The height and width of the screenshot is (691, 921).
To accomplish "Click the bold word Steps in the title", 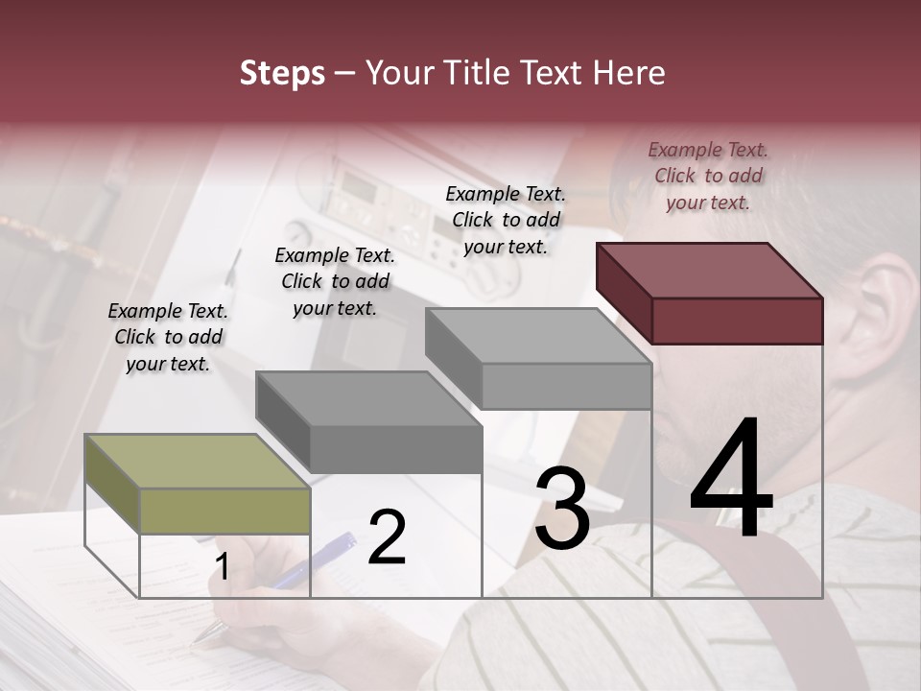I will (282, 73).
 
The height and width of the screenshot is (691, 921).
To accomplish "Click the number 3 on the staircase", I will (562, 509).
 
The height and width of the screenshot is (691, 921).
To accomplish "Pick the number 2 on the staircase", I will (387, 537).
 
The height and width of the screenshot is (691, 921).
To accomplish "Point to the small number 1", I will (222, 567).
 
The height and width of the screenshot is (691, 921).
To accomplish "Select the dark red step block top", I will (708, 270).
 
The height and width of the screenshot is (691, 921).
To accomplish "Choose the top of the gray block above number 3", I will (537, 335).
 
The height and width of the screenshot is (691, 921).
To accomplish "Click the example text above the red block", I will (708, 176).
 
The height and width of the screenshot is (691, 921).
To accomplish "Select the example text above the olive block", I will (168, 337).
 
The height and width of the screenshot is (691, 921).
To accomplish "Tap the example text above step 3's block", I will (506, 220).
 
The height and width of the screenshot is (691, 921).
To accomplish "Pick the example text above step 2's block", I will (335, 281).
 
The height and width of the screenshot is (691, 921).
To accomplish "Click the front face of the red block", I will (737, 321).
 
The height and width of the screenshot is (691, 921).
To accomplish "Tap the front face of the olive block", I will (224, 511).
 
